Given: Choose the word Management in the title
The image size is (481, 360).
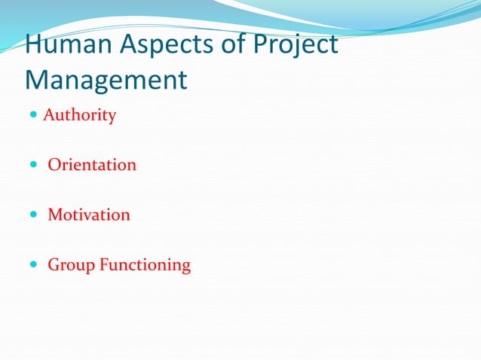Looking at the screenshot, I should (106, 79).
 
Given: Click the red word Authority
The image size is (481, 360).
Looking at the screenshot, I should (79, 116).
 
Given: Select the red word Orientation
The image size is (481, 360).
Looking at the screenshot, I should (92, 165).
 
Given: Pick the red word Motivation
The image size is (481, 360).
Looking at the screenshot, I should (89, 215).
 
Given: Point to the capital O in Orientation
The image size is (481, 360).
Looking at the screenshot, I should (54, 165).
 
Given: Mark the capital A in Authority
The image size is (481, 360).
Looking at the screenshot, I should (49, 116).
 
